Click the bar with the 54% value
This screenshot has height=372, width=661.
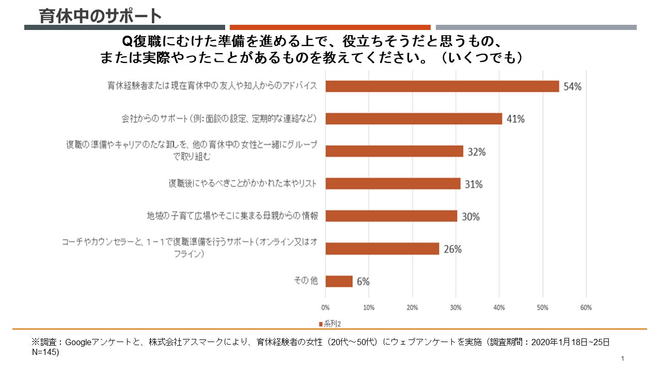coord(442,86)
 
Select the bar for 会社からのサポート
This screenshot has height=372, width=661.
coord(414,119)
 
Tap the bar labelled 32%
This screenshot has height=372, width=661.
coord(394,151)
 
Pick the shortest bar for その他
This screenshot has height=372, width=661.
coord(339,281)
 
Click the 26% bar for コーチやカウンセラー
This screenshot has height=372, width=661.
coord(382,249)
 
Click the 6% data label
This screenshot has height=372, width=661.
coord(363,282)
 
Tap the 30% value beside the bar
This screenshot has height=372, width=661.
coord(470,216)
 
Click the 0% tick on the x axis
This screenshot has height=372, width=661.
coord(326,308)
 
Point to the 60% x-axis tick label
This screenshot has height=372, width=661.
coord(586,308)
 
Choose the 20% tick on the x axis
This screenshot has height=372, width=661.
coord(413,308)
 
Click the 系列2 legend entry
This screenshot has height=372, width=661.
coord(330,324)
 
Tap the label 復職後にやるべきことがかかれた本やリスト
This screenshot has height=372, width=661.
coord(242,183)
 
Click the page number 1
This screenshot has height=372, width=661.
coord(623,359)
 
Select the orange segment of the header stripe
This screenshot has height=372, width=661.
coord(330,27)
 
